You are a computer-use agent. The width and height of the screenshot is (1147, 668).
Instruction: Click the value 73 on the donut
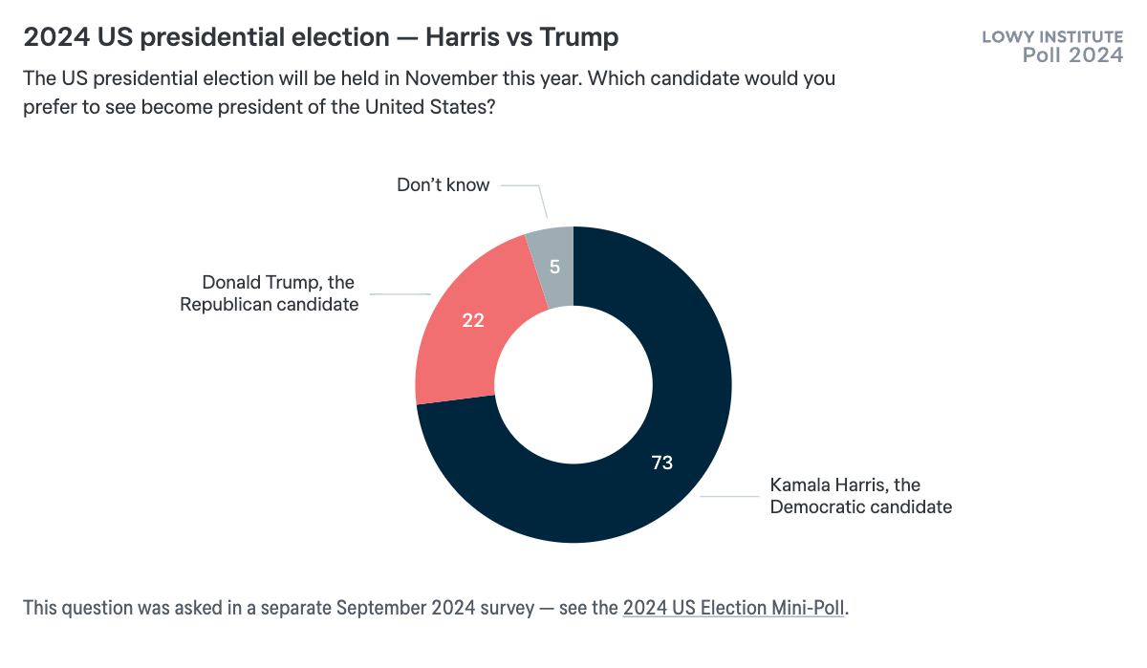click(x=662, y=463)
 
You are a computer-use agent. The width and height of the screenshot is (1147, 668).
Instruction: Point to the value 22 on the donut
click(x=473, y=320)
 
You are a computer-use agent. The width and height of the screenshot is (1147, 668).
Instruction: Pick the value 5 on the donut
click(x=555, y=268)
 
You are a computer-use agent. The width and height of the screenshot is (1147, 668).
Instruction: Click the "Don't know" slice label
click(x=443, y=185)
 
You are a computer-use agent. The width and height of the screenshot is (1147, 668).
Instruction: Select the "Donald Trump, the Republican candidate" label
click(x=269, y=293)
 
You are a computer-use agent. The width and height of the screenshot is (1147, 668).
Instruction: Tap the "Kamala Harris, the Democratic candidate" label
click(x=860, y=496)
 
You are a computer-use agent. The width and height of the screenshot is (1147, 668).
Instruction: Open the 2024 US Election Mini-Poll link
click(x=734, y=608)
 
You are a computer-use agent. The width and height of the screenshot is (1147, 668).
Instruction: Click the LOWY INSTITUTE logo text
click(x=1052, y=37)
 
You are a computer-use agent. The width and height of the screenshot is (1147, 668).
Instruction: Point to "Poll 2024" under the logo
click(x=1072, y=55)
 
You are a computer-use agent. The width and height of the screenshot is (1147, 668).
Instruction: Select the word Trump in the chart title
click(x=577, y=37)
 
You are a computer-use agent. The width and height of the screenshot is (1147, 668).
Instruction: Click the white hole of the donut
click(x=573, y=384)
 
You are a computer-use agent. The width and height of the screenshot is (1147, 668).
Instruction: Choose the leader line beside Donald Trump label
click(x=401, y=293)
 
